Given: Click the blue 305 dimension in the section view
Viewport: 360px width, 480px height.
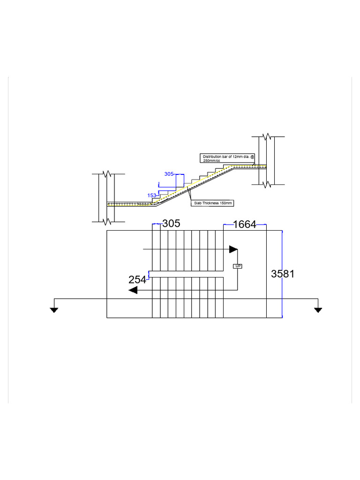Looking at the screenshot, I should [x=169, y=174].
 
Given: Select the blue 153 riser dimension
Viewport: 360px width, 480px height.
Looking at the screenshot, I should [x=152, y=195].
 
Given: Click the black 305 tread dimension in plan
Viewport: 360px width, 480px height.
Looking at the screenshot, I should [x=171, y=224].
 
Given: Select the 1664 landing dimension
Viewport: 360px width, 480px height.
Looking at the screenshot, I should [x=245, y=225].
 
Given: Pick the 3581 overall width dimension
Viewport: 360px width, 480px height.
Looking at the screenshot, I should [x=283, y=274].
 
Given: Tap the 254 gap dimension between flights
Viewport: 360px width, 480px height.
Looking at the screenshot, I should [x=137, y=280].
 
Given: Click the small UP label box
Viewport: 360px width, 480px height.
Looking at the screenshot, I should [x=238, y=266].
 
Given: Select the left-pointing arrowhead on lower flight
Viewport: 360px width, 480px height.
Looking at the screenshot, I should [x=133, y=290].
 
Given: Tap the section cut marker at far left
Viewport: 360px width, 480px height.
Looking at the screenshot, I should [x=54, y=309].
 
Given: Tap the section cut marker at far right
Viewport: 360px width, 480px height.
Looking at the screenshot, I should [x=318, y=309].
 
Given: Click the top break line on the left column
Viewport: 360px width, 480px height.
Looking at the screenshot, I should [x=109, y=174].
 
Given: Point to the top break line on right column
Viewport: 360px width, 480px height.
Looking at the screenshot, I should [x=267, y=137].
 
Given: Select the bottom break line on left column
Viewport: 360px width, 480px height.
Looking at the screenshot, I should [x=109, y=220].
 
